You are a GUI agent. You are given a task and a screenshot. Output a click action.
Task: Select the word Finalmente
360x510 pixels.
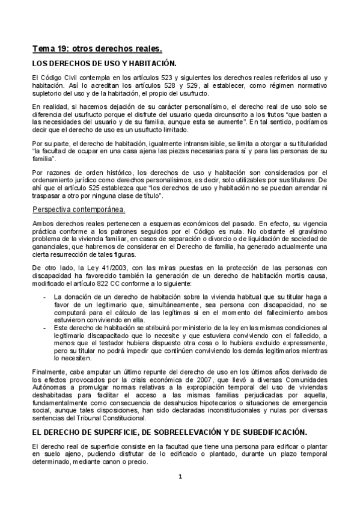50,373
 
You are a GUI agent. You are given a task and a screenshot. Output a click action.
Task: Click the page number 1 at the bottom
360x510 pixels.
180,478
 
